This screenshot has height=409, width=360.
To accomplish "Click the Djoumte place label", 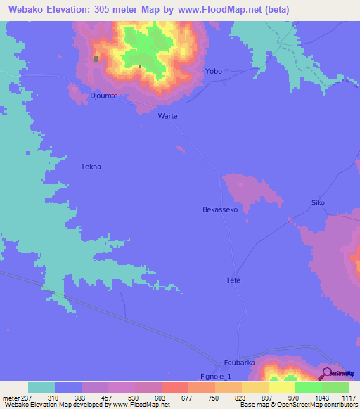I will [103, 95].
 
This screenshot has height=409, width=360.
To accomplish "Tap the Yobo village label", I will [213, 72].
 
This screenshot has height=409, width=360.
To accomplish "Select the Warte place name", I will [167, 116].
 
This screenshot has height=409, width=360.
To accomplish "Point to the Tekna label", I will [91, 167].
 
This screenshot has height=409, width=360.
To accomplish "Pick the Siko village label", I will [318, 203].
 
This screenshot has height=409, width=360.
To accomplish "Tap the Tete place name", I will [233, 280].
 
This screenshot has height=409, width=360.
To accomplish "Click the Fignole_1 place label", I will [215, 377].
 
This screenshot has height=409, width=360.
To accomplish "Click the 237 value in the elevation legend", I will [26, 398].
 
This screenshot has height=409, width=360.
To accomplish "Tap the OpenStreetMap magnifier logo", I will [326, 373].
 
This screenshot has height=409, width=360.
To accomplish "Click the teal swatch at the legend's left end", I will [41, 387].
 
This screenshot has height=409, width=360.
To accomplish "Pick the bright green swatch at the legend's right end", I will [335, 387].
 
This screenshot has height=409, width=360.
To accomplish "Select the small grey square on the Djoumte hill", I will [96, 59].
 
